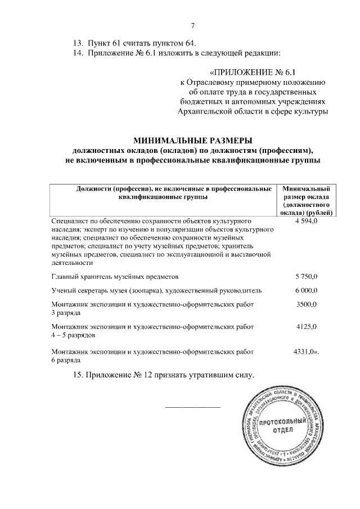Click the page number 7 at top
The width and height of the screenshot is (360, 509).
pos(192,25)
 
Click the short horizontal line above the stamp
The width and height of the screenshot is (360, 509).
pos(192,406)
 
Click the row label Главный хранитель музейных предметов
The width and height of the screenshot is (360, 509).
pos(115,277)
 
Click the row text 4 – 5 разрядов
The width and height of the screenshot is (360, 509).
pos(73,335)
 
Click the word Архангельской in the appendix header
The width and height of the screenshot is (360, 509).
pos(203,113)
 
